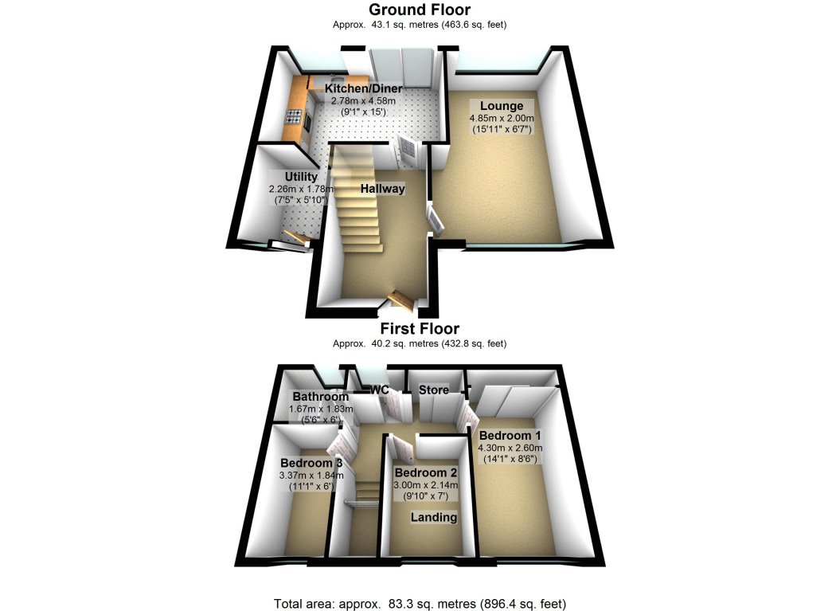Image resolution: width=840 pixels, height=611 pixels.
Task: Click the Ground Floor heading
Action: click(x=420, y=10)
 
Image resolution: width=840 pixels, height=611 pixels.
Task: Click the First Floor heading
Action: click(x=420, y=328)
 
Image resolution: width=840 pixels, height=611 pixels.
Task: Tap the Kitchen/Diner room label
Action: click(x=364, y=88)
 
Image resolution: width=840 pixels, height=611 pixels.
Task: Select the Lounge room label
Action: click(x=502, y=106)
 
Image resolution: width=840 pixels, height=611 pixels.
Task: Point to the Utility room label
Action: click(x=302, y=177)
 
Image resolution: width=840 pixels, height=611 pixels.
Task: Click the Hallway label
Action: click(x=383, y=189)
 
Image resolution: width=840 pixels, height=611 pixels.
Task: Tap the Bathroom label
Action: click(x=320, y=397)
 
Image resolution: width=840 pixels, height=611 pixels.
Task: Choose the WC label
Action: click(x=379, y=390)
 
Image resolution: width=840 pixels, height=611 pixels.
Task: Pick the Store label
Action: click(x=434, y=390)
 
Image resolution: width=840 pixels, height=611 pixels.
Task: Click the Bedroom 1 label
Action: click(x=510, y=436)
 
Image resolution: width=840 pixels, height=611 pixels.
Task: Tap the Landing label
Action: click(x=434, y=517)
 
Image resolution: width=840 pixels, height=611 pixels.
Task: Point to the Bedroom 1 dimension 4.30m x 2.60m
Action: click(x=510, y=448)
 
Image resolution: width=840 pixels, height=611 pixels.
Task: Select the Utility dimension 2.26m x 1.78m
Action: click(x=302, y=189)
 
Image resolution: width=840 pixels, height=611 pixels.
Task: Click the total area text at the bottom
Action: click(x=420, y=604)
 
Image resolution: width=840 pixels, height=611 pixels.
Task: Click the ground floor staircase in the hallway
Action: click(x=355, y=199)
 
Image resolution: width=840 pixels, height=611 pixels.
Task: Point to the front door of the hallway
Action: click(x=401, y=300)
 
